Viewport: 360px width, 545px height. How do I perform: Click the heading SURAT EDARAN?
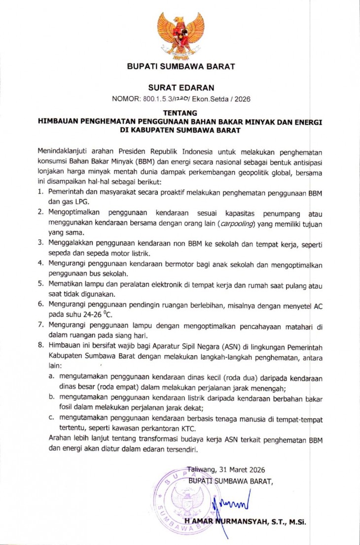tap(180, 88)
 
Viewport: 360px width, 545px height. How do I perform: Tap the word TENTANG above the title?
tap(180, 113)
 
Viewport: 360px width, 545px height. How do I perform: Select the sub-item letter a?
tap(51, 377)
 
